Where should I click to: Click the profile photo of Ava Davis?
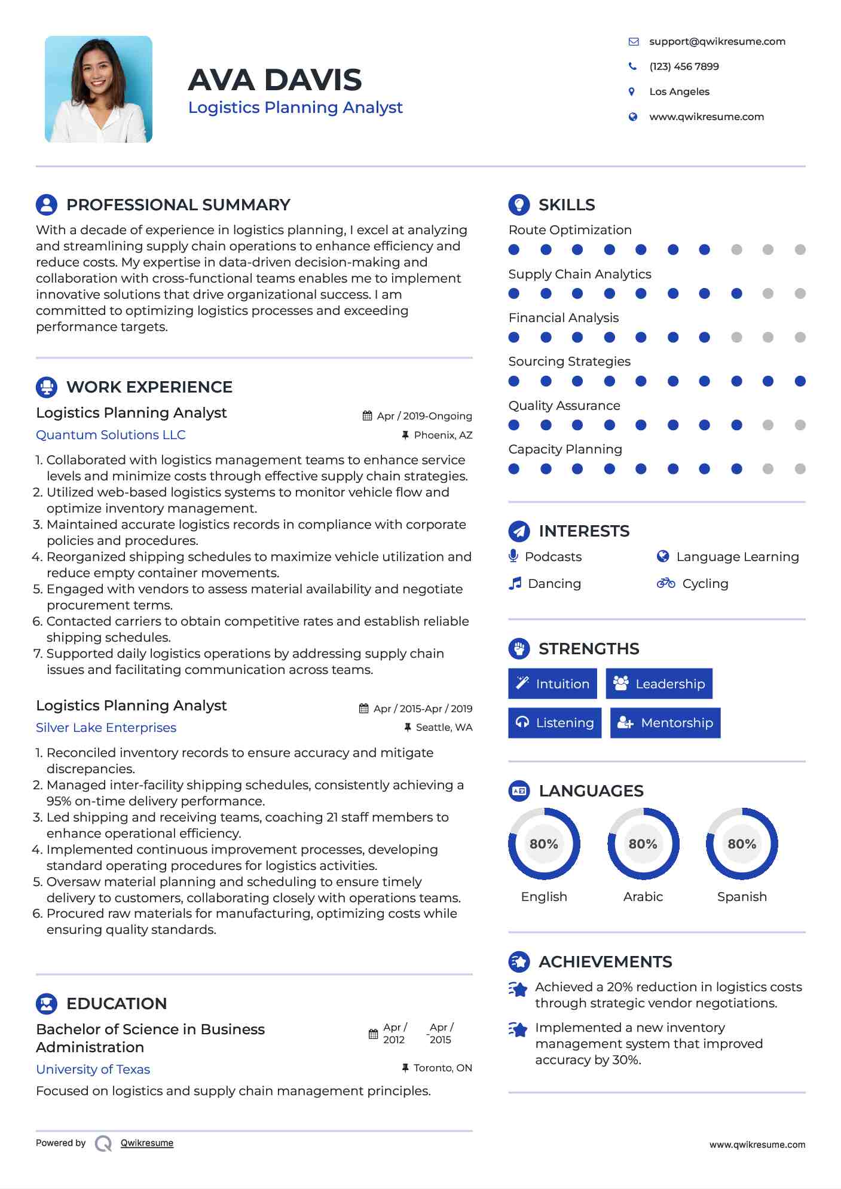[x=99, y=89]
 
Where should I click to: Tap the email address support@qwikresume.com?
[x=717, y=41]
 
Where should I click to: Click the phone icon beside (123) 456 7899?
[x=632, y=66]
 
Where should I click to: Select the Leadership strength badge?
[x=659, y=684]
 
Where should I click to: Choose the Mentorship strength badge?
[x=665, y=723]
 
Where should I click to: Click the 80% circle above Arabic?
[x=643, y=844]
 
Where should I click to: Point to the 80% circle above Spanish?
[x=742, y=844]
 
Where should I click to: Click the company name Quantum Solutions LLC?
[x=111, y=435]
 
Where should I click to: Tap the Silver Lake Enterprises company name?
[x=106, y=728]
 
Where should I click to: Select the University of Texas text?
[x=93, y=1070]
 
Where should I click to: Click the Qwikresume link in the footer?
[x=147, y=1143]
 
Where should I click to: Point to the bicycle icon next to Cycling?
[x=665, y=583]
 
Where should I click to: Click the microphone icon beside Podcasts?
[x=513, y=556]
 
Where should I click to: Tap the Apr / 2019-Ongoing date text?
[x=424, y=416]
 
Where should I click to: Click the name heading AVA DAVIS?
[x=275, y=80]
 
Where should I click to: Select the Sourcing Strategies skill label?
[x=569, y=361]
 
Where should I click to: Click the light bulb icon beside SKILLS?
[x=519, y=204]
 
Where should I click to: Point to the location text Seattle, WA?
[x=444, y=727]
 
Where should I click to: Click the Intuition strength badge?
[x=552, y=684]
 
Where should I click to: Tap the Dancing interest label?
[x=554, y=584]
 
